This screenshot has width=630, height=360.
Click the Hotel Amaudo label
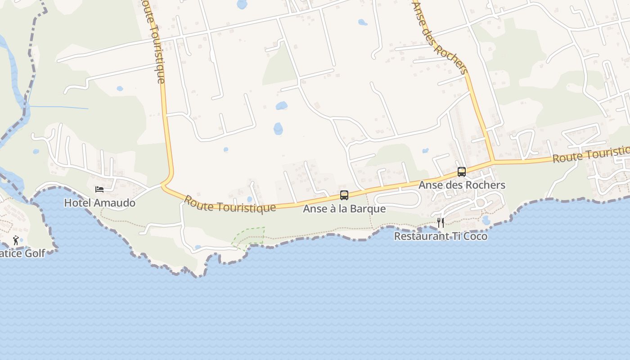click(x=99, y=203)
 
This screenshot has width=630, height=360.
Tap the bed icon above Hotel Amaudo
click(x=99, y=189)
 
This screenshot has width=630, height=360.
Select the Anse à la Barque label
click(x=344, y=209)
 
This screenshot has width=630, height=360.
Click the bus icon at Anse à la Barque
click(x=344, y=195)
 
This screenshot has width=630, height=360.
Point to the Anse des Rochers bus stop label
click(x=462, y=185)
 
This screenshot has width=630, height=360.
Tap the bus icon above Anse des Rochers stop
click(x=462, y=171)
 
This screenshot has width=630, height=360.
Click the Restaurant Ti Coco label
click(x=441, y=236)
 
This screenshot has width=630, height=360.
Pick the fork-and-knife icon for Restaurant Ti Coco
click(x=441, y=222)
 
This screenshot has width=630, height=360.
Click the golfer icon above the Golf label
click(x=16, y=240)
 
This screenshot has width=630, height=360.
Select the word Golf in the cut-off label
click(x=35, y=253)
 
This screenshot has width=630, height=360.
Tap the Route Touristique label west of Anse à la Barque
click(x=229, y=204)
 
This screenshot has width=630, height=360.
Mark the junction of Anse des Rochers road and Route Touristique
click(x=493, y=161)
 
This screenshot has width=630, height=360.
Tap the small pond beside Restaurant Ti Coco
click(x=486, y=220)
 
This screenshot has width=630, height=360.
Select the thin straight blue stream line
click(x=58, y=108)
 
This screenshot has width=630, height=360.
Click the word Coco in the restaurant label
click(x=475, y=236)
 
